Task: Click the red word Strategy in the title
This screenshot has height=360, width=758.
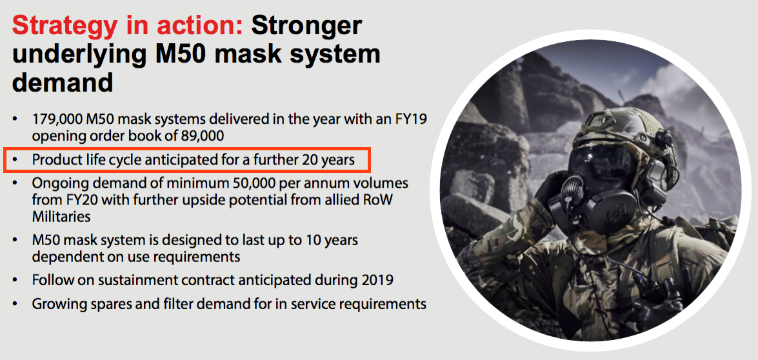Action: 65,26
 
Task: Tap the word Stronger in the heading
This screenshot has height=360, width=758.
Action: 306,26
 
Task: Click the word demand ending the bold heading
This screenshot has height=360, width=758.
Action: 63,82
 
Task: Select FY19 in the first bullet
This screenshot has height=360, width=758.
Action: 411,119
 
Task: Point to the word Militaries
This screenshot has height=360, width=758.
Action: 61,217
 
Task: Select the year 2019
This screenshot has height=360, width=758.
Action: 377,280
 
